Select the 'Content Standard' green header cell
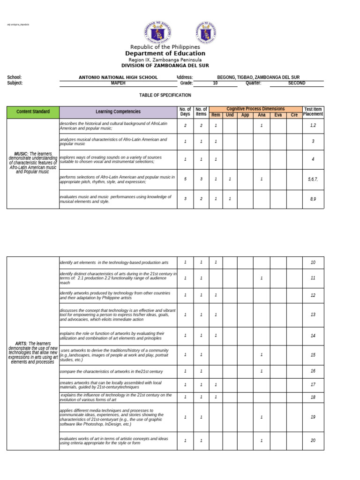pos(33,112)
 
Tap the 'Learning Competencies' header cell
pos(118,112)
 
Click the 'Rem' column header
pos(216,115)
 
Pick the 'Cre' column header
pos(294,115)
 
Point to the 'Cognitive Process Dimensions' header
pos(255,109)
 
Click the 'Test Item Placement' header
pos(313,112)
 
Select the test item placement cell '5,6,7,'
pos(313,179)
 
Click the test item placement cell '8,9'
pos(313,199)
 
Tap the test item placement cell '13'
pos(313,315)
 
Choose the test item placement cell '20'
pos(313,440)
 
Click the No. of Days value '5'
pos(185,179)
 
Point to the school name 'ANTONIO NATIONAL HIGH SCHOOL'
pos(118,77)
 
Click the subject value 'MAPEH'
pos(118,83)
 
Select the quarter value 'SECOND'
pos(296,83)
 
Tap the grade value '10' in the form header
pos(215,83)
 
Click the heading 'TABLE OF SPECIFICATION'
pos(165,95)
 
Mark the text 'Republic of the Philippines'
pos(165,47)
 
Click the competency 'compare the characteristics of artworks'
pos(111,371)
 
